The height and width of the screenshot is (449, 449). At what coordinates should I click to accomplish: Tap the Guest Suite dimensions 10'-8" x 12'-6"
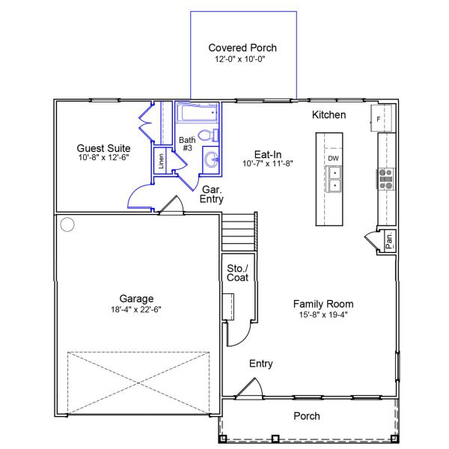pyautogui.click(x=104, y=159)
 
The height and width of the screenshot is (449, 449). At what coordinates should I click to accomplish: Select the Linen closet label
pyautogui.click(x=160, y=161)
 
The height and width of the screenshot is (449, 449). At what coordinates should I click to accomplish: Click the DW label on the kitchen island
pyautogui.click(x=333, y=159)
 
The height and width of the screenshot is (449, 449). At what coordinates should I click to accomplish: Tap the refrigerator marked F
pyautogui.click(x=379, y=117)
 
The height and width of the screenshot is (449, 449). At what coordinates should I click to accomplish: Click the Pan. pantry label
pyautogui.click(x=389, y=241)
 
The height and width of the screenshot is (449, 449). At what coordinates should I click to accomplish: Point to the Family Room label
pyautogui.click(x=323, y=304)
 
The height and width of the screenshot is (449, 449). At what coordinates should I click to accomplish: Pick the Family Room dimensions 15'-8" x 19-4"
pyautogui.click(x=323, y=314)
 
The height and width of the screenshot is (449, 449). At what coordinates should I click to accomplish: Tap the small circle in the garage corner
pyautogui.click(x=67, y=223)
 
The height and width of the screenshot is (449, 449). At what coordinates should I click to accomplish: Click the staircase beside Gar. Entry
pyautogui.click(x=239, y=233)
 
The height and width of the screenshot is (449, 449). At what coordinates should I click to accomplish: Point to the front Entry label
pyautogui.click(x=260, y=364)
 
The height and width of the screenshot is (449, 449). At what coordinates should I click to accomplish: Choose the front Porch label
pyautogui.click(x=307, y=416)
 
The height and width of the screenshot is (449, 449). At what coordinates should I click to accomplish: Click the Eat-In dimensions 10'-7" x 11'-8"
pyautogui.click(x=268, y=163)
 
